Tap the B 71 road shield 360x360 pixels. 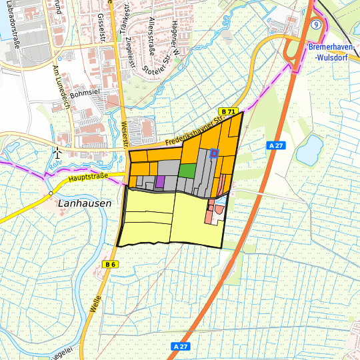(x=229, y=111)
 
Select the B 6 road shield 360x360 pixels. (x=111, y=265)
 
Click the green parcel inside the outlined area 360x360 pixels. (x=187, y=170)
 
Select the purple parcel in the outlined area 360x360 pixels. (x=160, y=181)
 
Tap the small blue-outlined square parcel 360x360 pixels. (x=214, y=153)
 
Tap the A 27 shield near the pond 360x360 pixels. (x=275, y=145)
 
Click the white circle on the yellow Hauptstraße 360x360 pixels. (x=51, y=193)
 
